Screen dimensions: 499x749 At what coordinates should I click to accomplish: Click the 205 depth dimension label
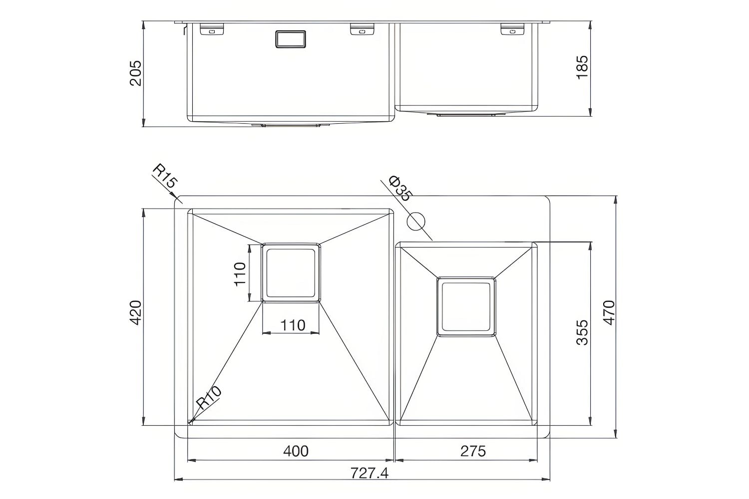click(x=136, y=73)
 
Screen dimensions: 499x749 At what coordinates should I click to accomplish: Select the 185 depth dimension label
click(x=582, y=67)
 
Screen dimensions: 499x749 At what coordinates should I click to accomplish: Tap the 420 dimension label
click(x=136, y=313)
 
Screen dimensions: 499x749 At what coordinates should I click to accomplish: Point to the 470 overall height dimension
click(x=609, y=313)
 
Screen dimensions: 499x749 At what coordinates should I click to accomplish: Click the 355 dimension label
click(x=582, y=332)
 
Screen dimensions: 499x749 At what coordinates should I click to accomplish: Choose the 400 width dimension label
click(x=296, y=451)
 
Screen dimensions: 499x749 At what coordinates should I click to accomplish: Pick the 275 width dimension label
click(x=472, y=451)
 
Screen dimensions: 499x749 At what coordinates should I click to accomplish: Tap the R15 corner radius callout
click(x=164, y=177)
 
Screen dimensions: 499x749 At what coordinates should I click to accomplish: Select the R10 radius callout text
click(x=208, y=398)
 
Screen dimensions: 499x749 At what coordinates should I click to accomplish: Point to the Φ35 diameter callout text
click(x=399, y=189)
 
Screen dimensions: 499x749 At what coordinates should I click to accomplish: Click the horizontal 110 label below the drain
click(x=292, y=325)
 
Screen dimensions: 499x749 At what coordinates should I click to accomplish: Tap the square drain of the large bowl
click(x=291, y=272)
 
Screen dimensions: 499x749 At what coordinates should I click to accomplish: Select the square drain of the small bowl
click(x=466, y=306)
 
